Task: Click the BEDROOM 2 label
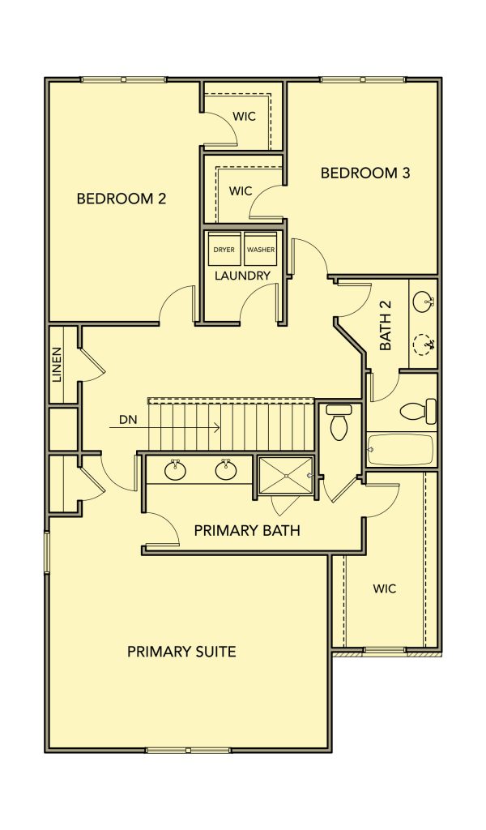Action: tap(122, 199)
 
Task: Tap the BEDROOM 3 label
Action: tap(365, 173)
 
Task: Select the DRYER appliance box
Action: tap(224, 249)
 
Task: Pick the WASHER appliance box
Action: tap(261, 249)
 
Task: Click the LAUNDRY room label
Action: tap(243, 276)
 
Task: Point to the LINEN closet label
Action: tap(58, 364)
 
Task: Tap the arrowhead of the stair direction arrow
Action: tap(217, 427)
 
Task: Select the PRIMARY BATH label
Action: tap(247, 530)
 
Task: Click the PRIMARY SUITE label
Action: tap(181, 652)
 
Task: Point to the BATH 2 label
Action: tap(386, 332)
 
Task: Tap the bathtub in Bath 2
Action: tap(401, 449)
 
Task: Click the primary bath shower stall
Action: tap(286, 477)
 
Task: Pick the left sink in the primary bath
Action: tap(175, 469)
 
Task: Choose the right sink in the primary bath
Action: tap(226, 469)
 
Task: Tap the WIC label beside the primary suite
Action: tap(385, 588)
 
